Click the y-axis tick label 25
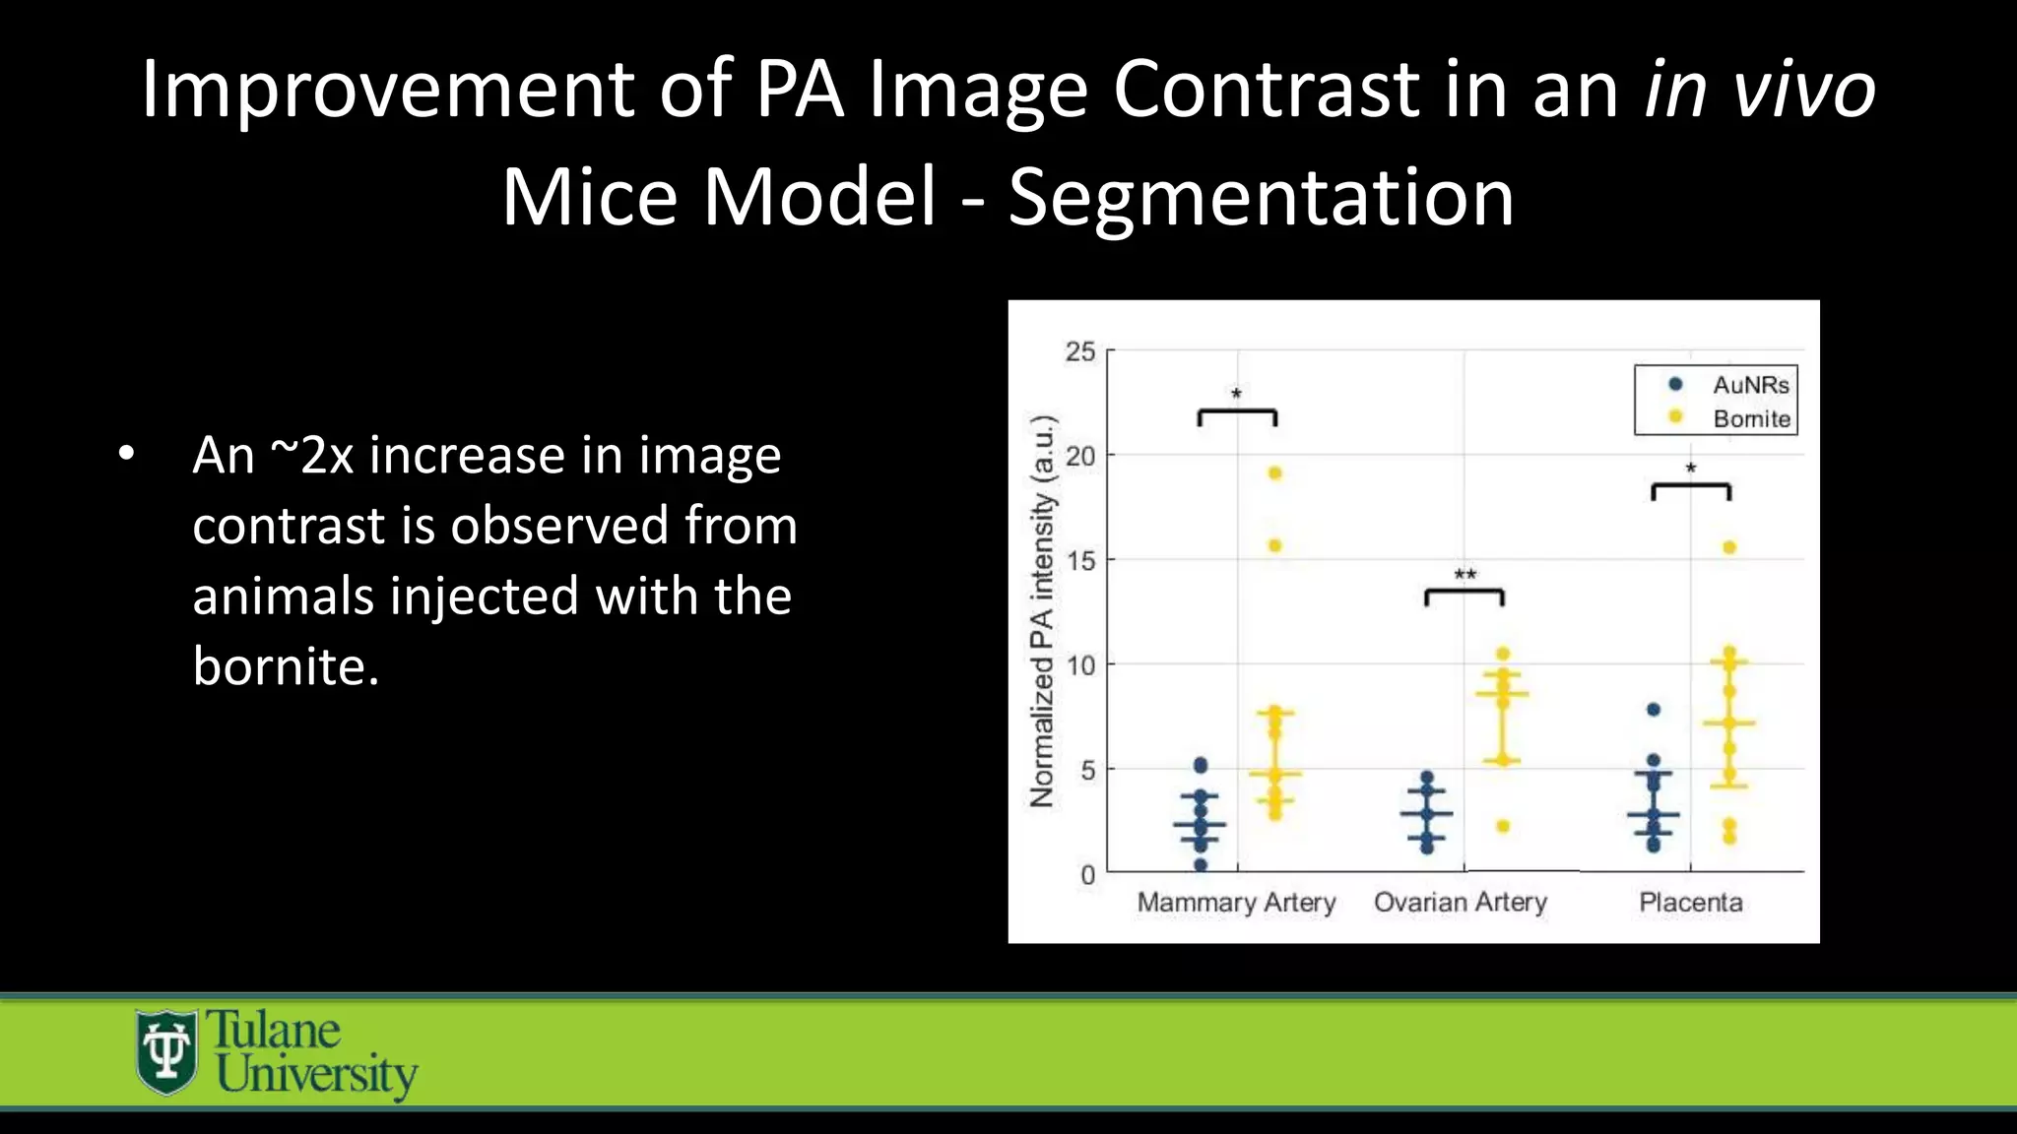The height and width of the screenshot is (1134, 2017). pyautogui.click(x=1079, y=351)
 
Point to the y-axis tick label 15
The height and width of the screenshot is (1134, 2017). pyautogui.click(x=1079, y=561)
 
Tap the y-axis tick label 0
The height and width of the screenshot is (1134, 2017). pyautogui.click(x=1087, y=874)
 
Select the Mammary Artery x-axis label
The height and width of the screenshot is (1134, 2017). pyautogui.click(x=1236, y=903)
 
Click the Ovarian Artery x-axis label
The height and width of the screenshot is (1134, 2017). pyautogui.click(x=1461, y=903)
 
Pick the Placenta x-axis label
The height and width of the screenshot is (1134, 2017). pyautogui.click(x=1690, y=903)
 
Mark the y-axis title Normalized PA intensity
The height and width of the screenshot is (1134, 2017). pyautogui.click(x=1042, y=610)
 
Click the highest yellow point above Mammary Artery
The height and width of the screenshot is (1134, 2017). pyautogui.click(x=1274, y=473)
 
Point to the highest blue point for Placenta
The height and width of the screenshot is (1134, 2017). pyautogui.click(x=1654, y=710)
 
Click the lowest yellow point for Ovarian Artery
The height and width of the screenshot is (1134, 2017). pyautogui.click(x=1503, y=827)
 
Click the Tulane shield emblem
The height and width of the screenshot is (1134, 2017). pyautogui.click(x=166, y=1052)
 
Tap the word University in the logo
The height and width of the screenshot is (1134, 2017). pyautogui.click(x=317, y=1075)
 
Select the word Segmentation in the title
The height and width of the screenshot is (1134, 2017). pyautogui.click(x=1261, y=197)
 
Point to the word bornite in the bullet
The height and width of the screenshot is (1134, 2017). pyautogui.click(x=286, y=666)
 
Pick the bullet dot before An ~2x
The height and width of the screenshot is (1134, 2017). pyautogui.click(x=125, y=454)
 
